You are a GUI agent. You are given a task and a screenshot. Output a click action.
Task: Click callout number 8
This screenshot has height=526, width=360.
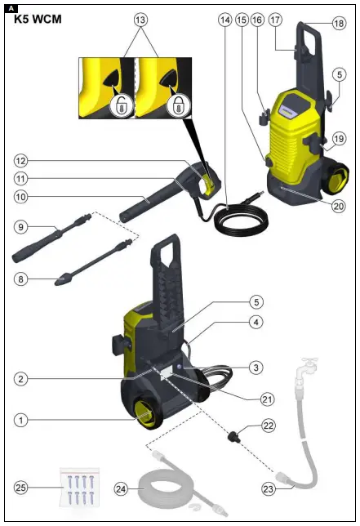tap(20, 279)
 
